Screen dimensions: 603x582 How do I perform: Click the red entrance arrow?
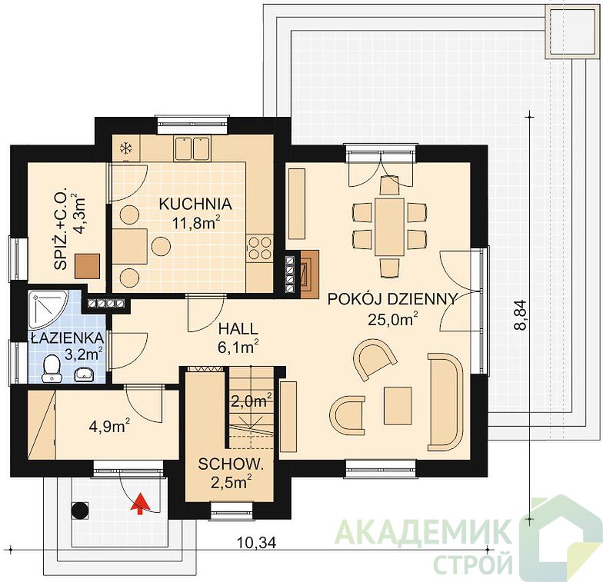(x=140, y=503)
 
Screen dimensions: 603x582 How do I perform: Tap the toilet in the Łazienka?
(x=51, y=369)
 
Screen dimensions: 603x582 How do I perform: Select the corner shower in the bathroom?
(x=48, y=309)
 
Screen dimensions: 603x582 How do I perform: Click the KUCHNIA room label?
(x=195, y=204)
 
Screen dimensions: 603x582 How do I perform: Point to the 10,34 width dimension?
(x=257, y=543)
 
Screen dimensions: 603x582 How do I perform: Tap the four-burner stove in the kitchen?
(x=260, y=248)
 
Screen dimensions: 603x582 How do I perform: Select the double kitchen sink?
(x=192, y=148)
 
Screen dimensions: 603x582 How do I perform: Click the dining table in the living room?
(x=389, y=227)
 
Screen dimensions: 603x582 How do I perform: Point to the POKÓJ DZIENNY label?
(x=392, y=299)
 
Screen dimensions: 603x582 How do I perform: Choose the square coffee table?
(x=398, y=406)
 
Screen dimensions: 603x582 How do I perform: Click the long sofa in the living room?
(x=446, y=401)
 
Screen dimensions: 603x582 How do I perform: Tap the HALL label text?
(x=238, y=329)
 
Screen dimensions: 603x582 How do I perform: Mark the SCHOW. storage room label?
(x=231, y=464)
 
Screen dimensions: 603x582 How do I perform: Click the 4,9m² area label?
(x=109, y=426)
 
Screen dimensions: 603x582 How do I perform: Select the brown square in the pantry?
(x=88, y=266)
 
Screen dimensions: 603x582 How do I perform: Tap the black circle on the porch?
(x=80, y=510)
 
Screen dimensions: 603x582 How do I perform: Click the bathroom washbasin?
(x=85, y=374)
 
